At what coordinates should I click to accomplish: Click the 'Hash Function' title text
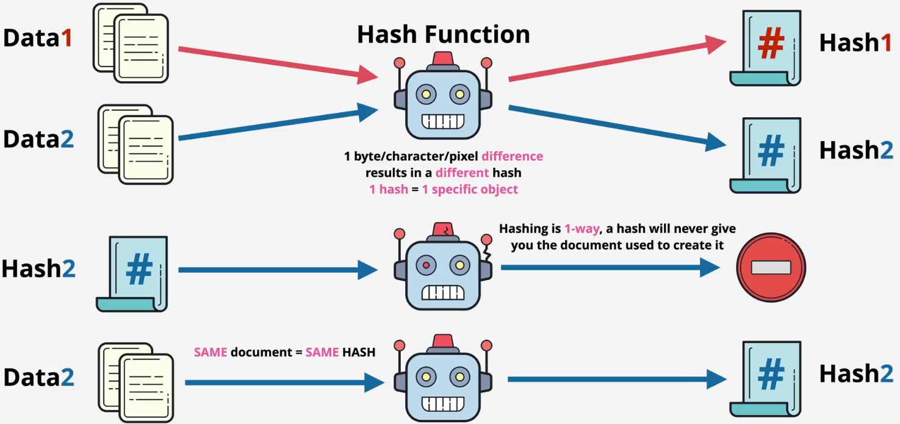[x=443, y=34]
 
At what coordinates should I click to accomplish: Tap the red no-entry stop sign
[x=771, y=267]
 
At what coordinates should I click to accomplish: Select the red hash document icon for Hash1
[x=766, y=48]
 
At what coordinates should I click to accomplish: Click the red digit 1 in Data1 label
[x=66, y=38]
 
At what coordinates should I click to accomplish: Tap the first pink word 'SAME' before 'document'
[x=211, y=352]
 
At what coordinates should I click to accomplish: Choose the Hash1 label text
[x=855, y=43]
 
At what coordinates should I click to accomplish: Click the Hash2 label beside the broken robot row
[x=38, y=268]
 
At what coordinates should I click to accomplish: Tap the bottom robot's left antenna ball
[x=400, y=347]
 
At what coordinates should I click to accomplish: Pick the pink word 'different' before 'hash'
[x=462, y=173]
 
